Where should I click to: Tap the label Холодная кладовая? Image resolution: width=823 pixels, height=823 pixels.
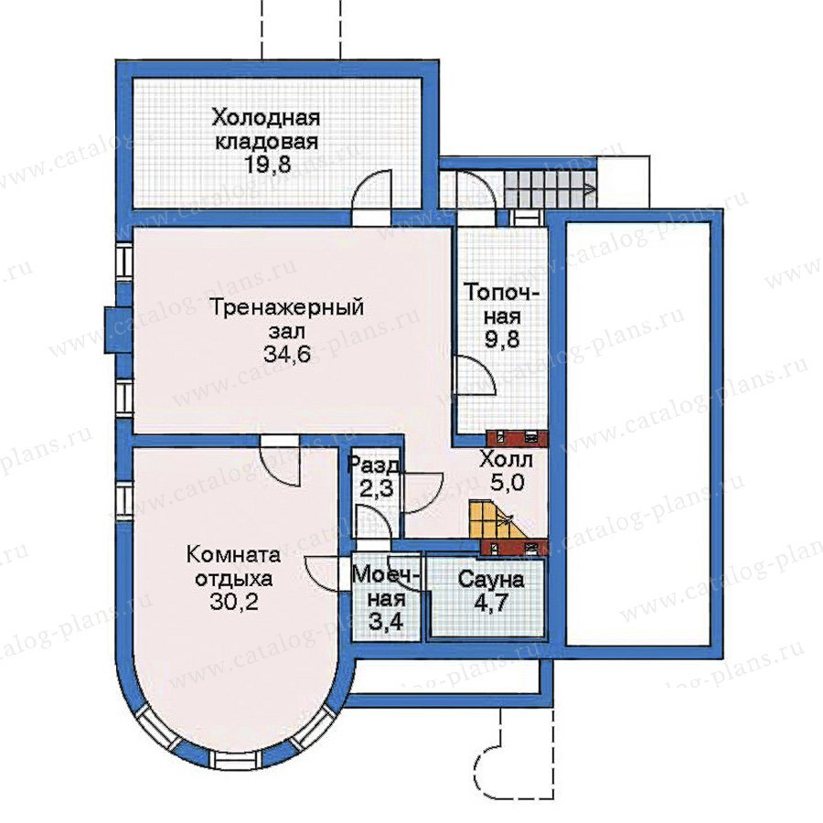click(x=266, y=130)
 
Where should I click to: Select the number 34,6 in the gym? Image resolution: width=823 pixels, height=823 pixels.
click(x=286, y=354)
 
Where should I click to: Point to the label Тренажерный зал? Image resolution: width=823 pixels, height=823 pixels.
click(x=286, y=318)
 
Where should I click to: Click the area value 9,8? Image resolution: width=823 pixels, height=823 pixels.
click(x=502, y=339)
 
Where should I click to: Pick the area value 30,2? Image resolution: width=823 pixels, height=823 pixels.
click(x=234, y=602)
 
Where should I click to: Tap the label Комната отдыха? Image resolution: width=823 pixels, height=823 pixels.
click(x=234, y=567)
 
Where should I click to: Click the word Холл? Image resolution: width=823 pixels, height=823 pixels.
click(x=506, y=460)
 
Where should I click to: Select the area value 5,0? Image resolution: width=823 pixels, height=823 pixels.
click(x=507, y=482)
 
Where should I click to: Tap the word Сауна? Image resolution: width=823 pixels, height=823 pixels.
click(x=491, y=580)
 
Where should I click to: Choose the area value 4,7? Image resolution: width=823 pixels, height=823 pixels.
click(x=491, y=603)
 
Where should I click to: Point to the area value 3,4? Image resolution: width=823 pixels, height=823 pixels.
click(x=385, y=622)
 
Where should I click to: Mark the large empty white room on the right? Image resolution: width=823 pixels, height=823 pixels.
click(x=637, y=433)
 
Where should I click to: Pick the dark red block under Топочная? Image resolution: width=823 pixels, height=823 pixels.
click(x=518, y=438)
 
